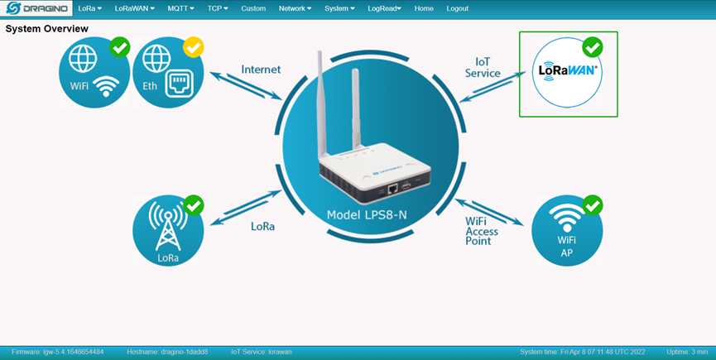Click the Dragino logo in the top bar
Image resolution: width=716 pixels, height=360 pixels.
click(36, 8)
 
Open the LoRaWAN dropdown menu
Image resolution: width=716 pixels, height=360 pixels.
click(135, 8)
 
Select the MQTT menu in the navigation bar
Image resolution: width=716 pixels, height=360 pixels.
click(180, 8)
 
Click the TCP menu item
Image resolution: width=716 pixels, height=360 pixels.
click(218, 8)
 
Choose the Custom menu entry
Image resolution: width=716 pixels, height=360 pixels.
click(253, 8)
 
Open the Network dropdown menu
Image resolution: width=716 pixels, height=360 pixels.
click(295, 8)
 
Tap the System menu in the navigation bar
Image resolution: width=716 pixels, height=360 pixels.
click(339, 8)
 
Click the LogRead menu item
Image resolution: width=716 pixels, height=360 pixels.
click(384, 8)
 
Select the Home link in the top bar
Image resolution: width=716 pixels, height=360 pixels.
click(424, 8)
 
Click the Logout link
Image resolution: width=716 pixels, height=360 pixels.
click(457, 8)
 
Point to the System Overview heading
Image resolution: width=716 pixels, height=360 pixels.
click(46, 29)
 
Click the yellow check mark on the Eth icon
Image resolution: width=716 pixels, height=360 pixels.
click(193, 47)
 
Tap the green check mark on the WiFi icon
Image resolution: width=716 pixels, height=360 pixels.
click(120, 47)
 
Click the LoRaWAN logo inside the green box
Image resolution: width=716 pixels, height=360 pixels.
click(567, 70)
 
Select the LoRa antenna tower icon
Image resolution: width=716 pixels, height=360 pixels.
click(168, 226)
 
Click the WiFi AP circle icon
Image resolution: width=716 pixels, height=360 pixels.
click(567, 231)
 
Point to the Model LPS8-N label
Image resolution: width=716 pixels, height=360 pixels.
click(367, 215)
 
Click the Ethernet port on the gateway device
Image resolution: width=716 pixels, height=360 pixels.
click(392, 188)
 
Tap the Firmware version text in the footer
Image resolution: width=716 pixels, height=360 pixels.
click(58, 352)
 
